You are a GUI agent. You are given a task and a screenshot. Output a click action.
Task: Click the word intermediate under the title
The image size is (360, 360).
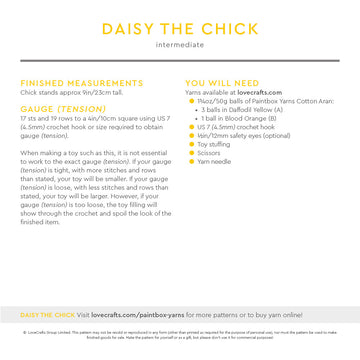180,45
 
